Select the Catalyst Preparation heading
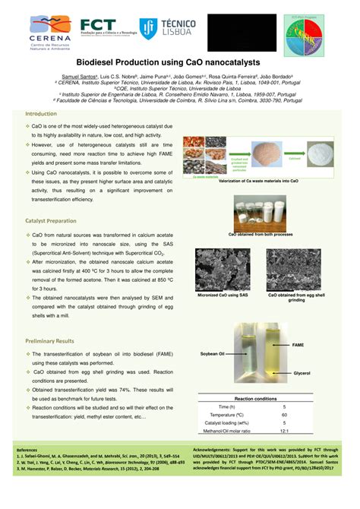pos(40,220)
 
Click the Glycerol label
pos(302,374)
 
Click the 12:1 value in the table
pos(284,431)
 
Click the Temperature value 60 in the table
pos(284,415)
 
